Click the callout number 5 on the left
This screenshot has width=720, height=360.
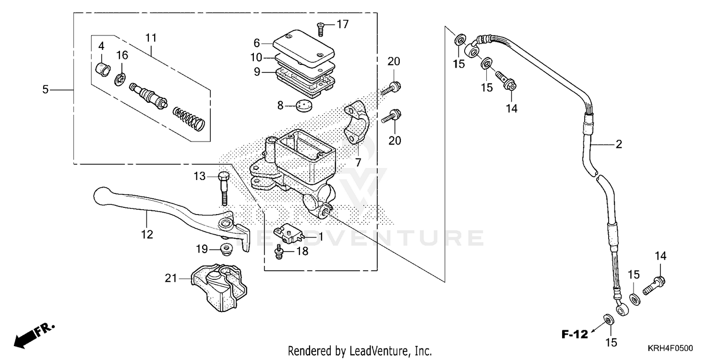[46, 89]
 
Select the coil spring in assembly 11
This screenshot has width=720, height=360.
[189, 118]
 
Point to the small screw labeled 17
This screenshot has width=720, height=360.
[321, 29]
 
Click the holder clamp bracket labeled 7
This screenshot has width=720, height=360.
[357, 122]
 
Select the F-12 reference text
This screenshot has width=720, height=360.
[575, 334]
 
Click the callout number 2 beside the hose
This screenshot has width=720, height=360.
[619, 144]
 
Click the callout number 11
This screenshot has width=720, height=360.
[151, 37]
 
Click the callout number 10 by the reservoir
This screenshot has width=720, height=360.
[256, 58]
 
